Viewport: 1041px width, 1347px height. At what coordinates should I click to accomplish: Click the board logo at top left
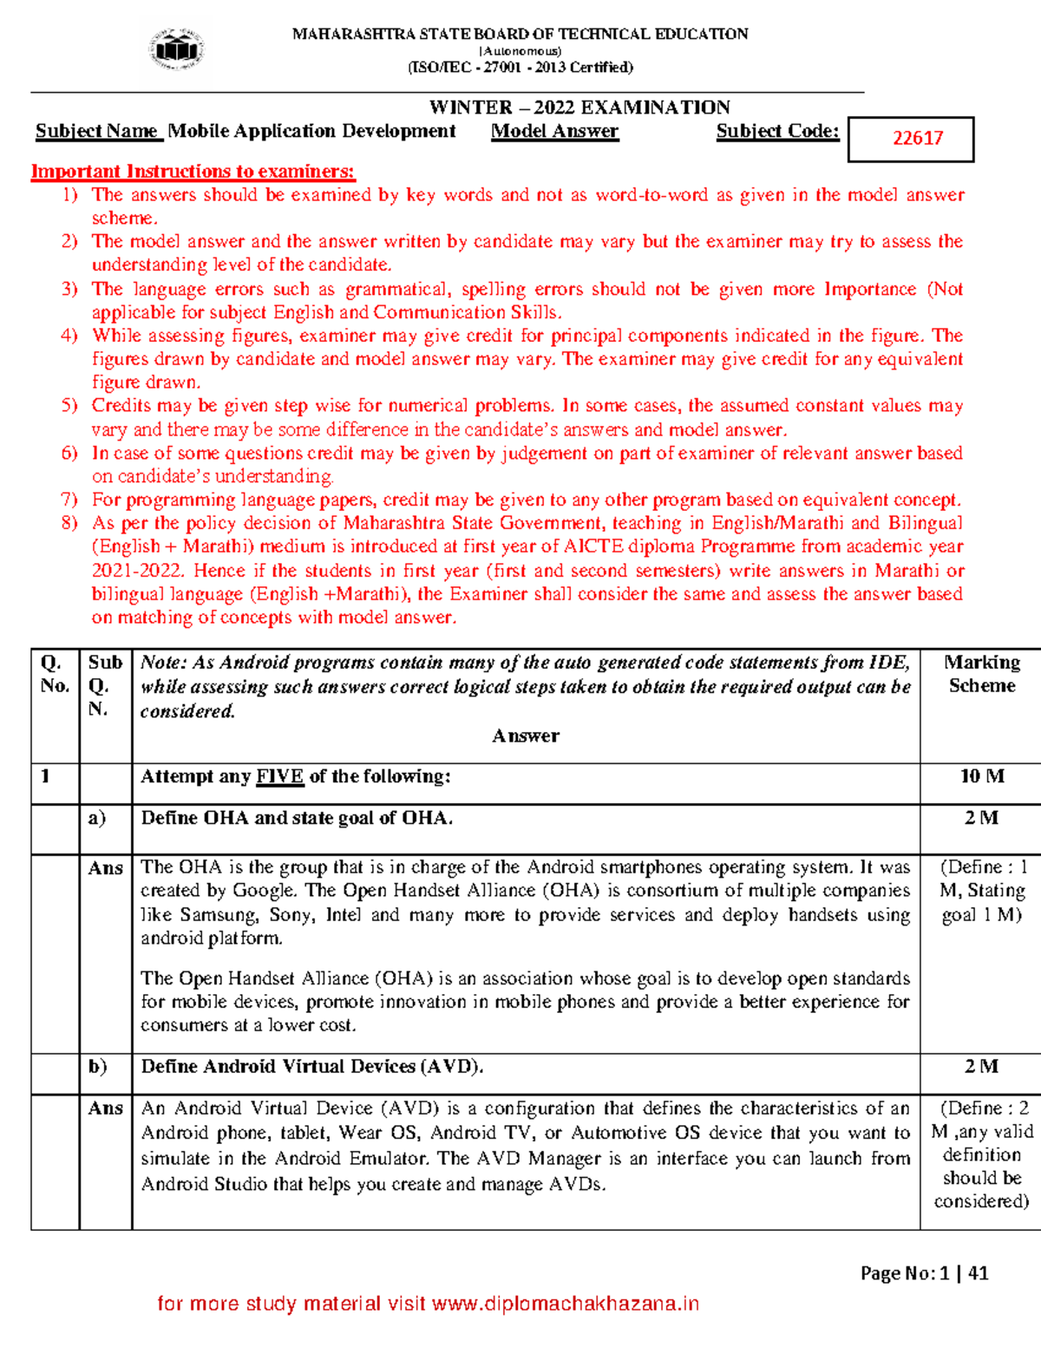(x=177, y=49)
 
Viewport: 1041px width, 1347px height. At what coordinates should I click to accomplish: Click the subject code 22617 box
(x=911, y=139)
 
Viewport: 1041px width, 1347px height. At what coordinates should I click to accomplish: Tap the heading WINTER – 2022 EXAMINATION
(x=579, y=108)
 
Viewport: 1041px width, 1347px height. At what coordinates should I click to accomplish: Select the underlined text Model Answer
(x=554, y=131)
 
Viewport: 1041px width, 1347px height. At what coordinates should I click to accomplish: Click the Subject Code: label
(x=777, y=131)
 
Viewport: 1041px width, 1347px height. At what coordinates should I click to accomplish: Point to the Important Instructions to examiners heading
(x=193, y=171)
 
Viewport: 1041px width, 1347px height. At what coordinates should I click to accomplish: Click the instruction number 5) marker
(x=69, y=405)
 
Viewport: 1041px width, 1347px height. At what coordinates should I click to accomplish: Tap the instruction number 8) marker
(x=69, y=523)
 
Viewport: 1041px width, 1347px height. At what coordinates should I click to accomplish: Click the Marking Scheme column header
(x=981, y=674)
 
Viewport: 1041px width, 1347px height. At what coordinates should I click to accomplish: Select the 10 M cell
(x=981, y=776)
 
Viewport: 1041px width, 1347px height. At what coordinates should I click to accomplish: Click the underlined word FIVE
(x=279, y=776)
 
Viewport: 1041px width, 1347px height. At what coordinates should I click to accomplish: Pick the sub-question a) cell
(x=97, y=818)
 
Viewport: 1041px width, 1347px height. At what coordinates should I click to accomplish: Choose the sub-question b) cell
(x=97, y=1066)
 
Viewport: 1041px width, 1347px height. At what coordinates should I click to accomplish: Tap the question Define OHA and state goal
(x=297, y=818)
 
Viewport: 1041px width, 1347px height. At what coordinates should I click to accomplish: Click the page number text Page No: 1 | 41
(x=924, y=1272)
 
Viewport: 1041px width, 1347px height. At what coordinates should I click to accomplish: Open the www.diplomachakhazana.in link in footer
(x=565, y=1304)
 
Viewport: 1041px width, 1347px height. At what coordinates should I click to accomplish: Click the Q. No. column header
(x=54, y=674)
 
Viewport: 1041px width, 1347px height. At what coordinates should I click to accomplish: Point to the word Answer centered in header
(x=526, y=736)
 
